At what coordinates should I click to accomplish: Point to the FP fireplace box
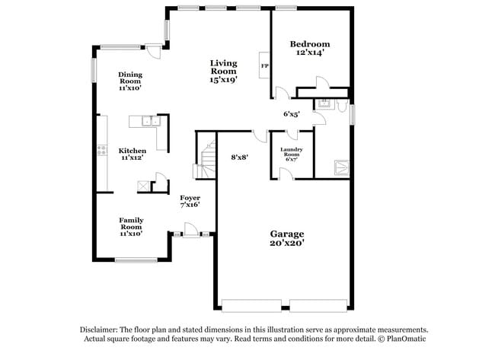264,66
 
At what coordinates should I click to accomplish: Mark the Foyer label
190,198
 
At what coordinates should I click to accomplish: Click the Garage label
287,234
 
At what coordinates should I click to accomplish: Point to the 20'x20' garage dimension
287,244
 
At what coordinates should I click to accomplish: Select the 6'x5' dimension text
292,114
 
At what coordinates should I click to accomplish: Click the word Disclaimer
105,330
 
